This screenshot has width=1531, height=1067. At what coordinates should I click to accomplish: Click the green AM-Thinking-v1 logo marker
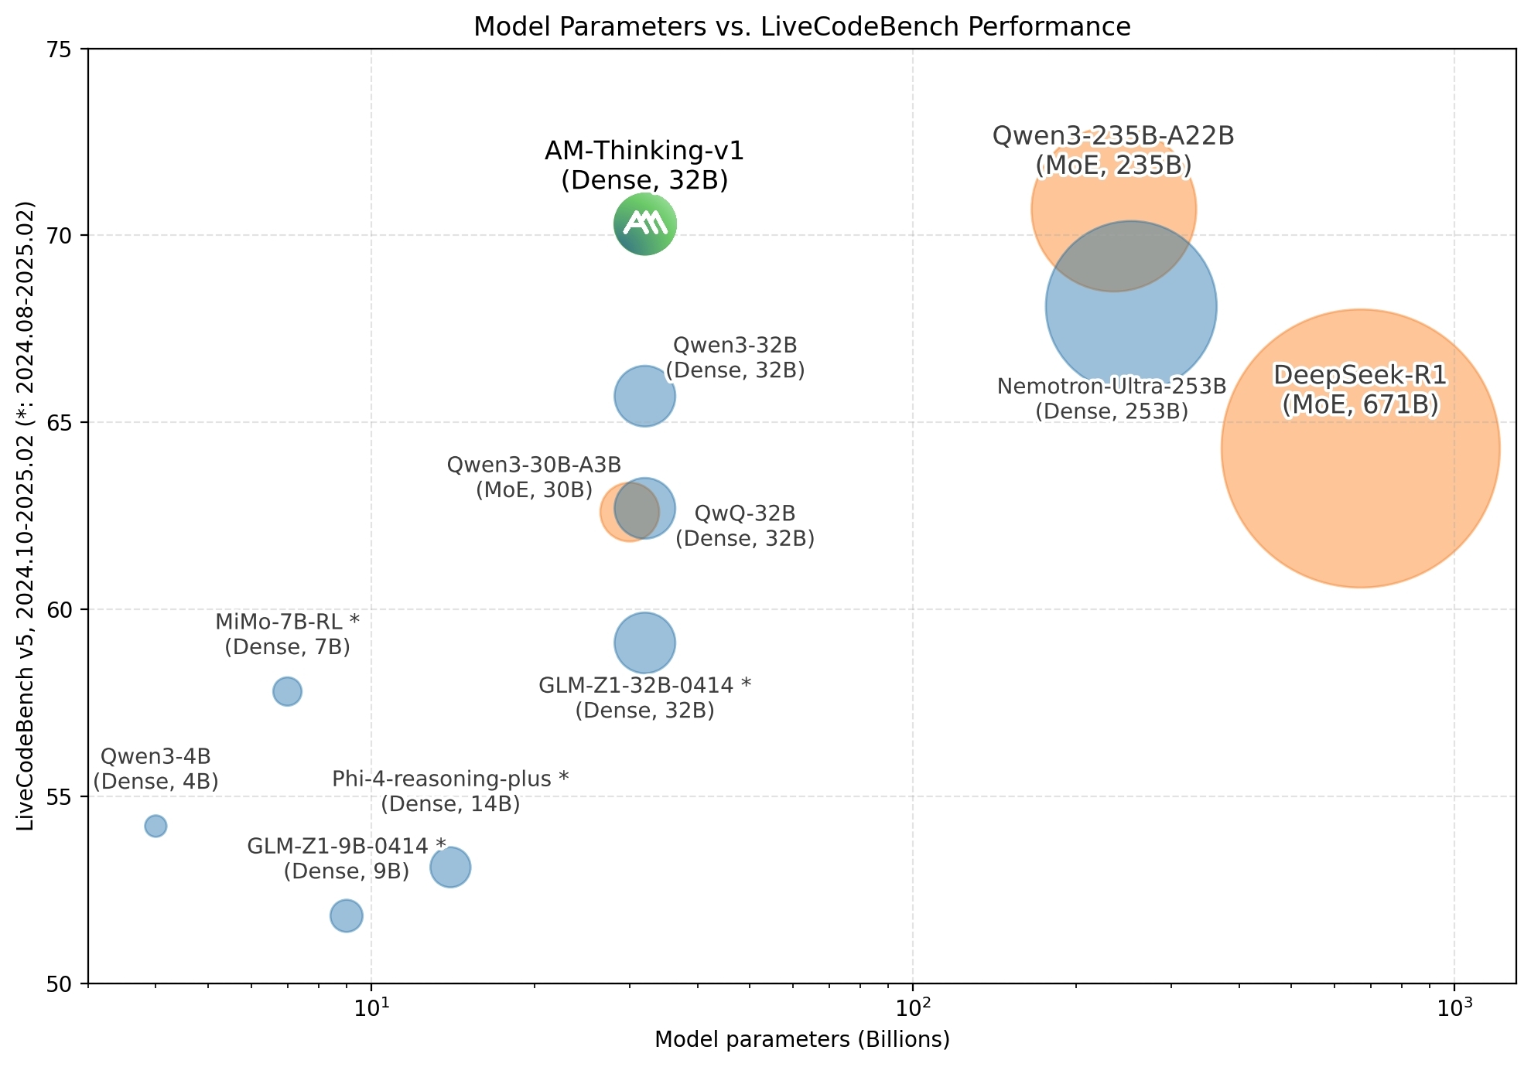point(644,224)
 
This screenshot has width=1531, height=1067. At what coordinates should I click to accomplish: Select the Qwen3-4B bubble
point(155,826)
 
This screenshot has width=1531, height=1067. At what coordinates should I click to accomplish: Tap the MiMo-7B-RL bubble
point(287,691)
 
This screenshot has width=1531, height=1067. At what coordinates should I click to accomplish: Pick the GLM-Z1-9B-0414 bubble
point(346,916)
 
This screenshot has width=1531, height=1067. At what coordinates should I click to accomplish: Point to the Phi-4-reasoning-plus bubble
point(450,868)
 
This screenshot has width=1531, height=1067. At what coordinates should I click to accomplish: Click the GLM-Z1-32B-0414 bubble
point(644,643)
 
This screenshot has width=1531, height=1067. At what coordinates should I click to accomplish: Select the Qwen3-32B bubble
point(644,396)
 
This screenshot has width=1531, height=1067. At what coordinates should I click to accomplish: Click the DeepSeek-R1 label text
point(1360,390)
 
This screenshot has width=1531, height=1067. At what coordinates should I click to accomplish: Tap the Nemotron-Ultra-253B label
point(1112,398)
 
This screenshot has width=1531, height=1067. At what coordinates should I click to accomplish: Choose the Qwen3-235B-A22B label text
point(1113,151)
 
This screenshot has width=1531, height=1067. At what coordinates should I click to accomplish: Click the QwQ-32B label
point(745,526)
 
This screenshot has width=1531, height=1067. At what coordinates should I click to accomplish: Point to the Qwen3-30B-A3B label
point(534,477)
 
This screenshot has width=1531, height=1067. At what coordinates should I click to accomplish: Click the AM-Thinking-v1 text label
point(644,165)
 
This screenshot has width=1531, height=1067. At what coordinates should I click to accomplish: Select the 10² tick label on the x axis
point(913,1008)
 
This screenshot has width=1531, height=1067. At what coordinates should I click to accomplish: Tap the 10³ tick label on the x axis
point(1454,1008)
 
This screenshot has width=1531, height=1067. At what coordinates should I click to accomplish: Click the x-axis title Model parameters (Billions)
point(801,1040)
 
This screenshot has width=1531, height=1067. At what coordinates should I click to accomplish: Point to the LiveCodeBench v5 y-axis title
point(26,516)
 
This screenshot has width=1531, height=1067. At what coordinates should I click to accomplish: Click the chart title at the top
point(801,27)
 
